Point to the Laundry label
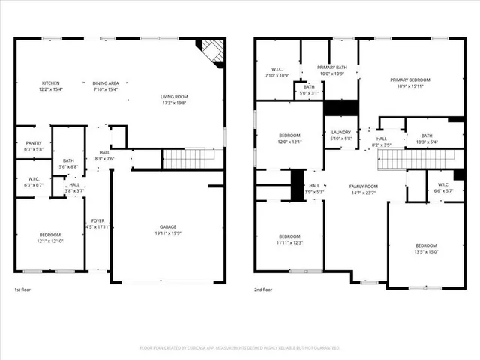[x=341, y=135]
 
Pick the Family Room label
[x=364, y=190]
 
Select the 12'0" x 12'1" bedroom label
[x=289, y=139]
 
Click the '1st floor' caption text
[x=23, y=289]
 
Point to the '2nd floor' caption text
[x=263, y=289]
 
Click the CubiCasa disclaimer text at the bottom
[x=240, y=348]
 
